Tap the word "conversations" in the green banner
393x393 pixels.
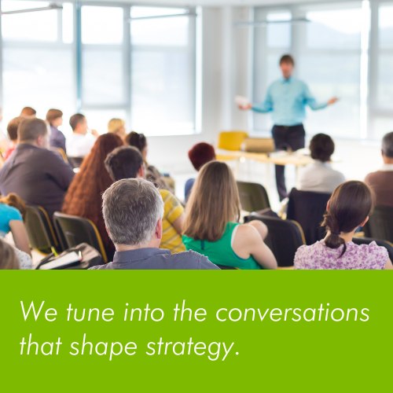coord(292,313)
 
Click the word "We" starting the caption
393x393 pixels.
coord(35,313)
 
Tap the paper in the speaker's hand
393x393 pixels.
coord(241,101)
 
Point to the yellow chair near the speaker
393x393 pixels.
coord(233,141)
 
